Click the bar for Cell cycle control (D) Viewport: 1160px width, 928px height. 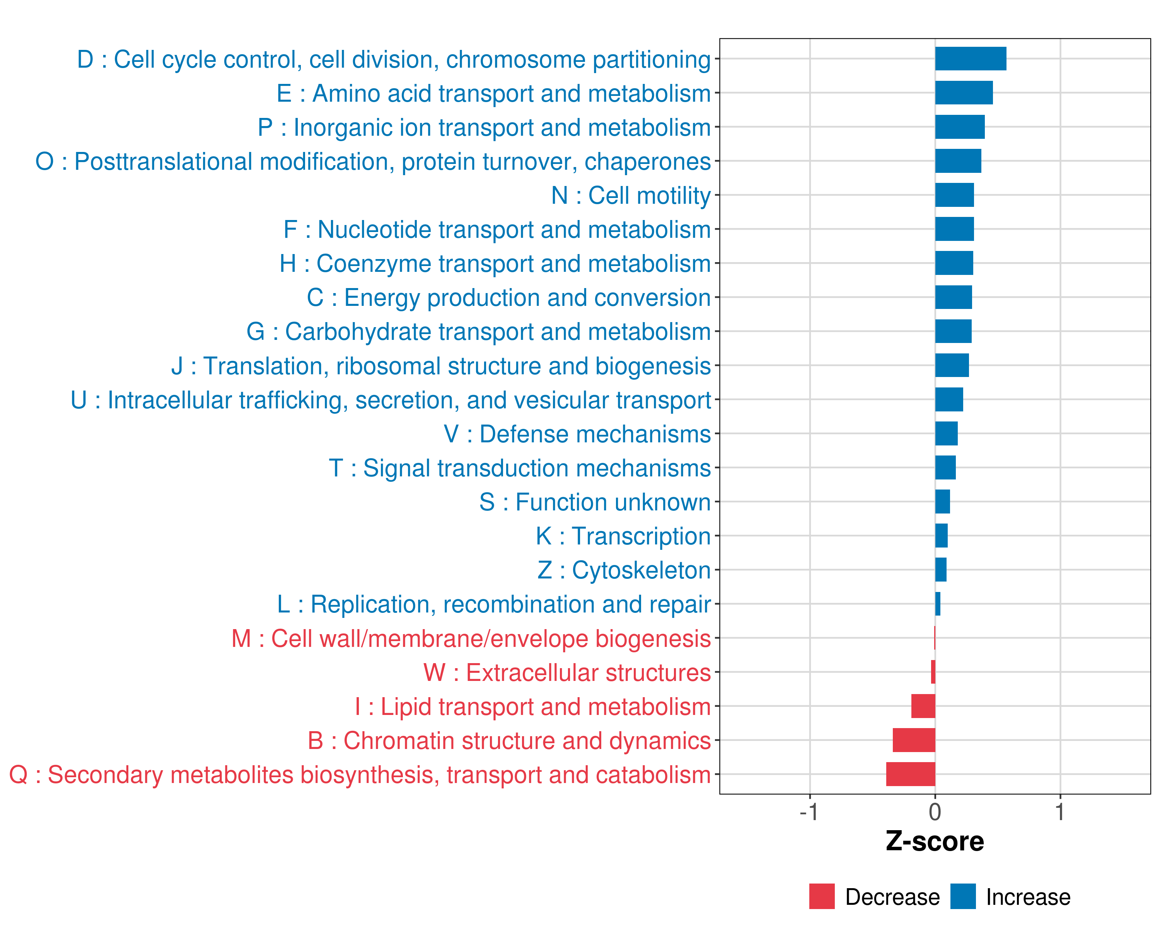(x=970, y=59)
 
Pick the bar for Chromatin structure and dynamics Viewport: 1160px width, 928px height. (x=914, y=740)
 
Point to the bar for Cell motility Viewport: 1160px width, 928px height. (x=954, y=195)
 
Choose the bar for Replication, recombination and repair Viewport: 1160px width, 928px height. (x=938, y=604)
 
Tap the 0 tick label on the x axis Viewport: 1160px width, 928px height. (x=935, y=812)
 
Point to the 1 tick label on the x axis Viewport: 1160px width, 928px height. (x=1059, y=812)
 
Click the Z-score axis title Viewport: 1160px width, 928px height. (x=935, y=841)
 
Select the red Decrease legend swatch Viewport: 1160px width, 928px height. (x=822, y=896)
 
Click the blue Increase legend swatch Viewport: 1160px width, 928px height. (x=962, y=896)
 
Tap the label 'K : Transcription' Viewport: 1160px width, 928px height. (x=623, y=536)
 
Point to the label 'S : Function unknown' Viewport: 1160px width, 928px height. (x=595, y=502)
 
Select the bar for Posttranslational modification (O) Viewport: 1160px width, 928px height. (x=958, y=161)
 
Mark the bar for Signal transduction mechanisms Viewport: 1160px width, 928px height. (x=945, y=467)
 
